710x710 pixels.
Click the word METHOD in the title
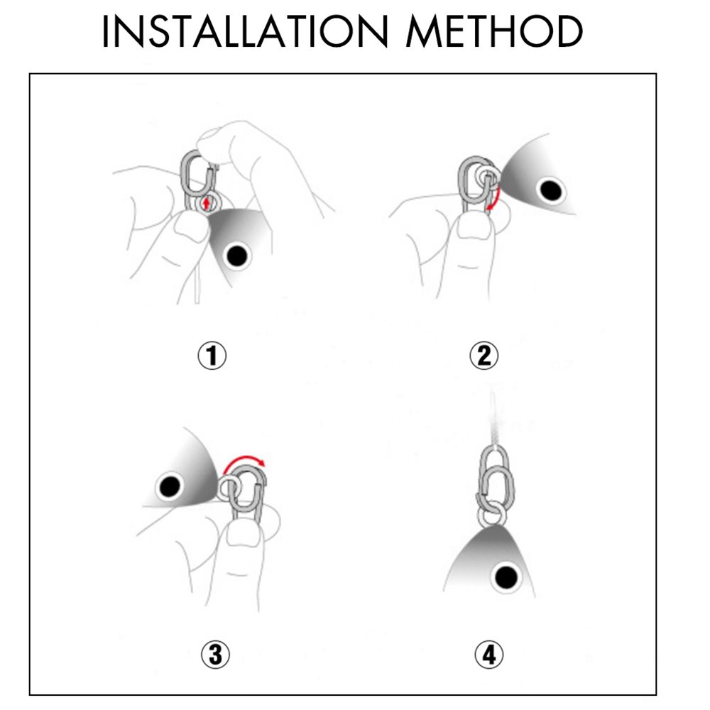[x=494, y=31]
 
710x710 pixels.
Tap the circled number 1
[x=212, y=356]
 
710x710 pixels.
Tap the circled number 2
[x=484, y=356]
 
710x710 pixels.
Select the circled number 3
[x=215, y=655]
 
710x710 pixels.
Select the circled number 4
[x=489, y=655]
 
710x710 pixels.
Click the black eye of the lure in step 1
[x=237, y=256]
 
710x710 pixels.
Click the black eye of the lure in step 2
[x=550, y=190]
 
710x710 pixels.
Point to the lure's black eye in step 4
[x=506, y=577]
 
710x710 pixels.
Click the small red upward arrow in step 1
[x=206, y=204]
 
